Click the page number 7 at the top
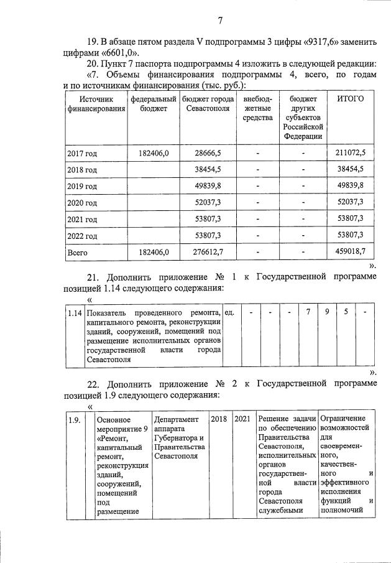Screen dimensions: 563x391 (x=220, y=21)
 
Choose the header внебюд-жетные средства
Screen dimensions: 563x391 (x=257, y=108)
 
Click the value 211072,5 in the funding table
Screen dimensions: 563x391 (x=350, y=152)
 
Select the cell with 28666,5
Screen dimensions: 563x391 (x=208, y=152)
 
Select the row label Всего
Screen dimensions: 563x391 (x=78, y=253)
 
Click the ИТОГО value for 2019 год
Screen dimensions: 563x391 (x=352, y=186)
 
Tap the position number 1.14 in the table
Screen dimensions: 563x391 (x=75, y=312)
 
